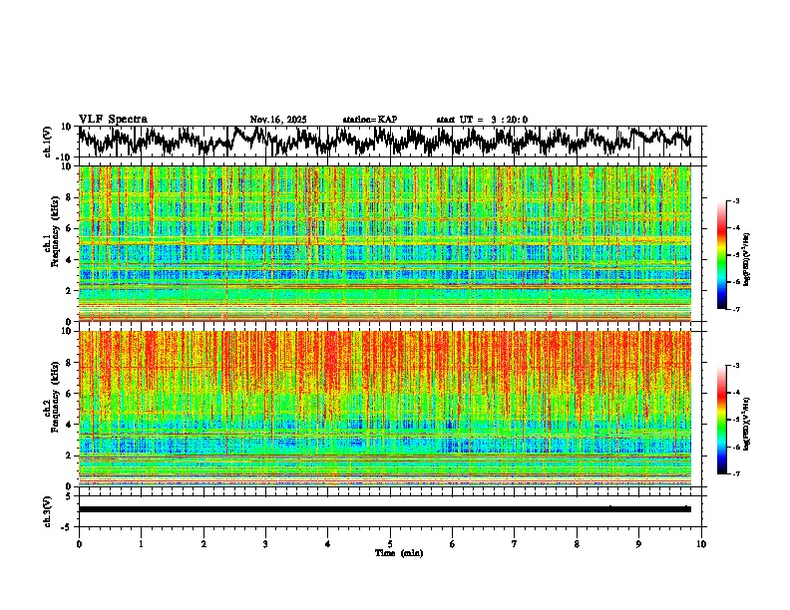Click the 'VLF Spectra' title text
click(x=113, y=119)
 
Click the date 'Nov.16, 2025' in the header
click(x=278, y=120)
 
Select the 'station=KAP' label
click(x=369, y=120)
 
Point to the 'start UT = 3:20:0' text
click(x=482, y=120)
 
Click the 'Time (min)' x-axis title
click(x=390, y=552)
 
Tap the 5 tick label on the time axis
click(x=390, y=543)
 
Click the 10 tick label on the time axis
click(x=701, y=543)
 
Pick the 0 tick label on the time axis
click(x=79, y=543)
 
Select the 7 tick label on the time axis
click(x=515, y=543)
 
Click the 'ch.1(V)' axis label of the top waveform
click(x=48, y=142)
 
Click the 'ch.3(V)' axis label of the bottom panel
click(x=48, y=509)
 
